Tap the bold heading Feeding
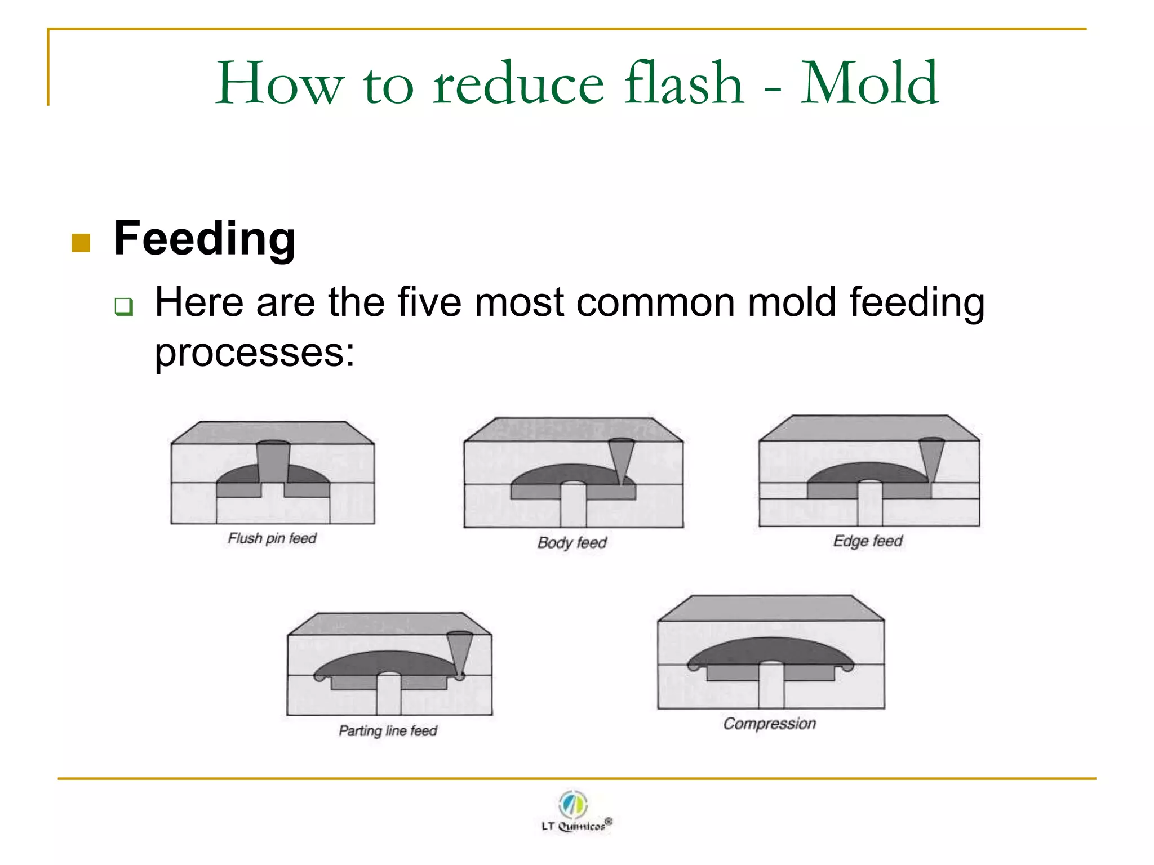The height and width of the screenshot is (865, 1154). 205,239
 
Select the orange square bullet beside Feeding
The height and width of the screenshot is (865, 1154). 81,243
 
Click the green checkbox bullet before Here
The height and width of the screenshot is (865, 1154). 123,306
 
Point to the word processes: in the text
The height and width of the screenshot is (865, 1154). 255,353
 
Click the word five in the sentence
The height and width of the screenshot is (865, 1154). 429,302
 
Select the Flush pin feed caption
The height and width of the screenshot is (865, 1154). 272,538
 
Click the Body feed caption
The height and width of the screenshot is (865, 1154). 572,542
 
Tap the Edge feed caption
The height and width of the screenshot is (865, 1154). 868,541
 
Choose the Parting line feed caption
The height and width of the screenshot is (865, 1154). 388,730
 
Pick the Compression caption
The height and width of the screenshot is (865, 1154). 770,723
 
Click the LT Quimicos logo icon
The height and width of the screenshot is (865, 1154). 574,804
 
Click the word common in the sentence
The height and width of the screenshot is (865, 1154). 654,302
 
